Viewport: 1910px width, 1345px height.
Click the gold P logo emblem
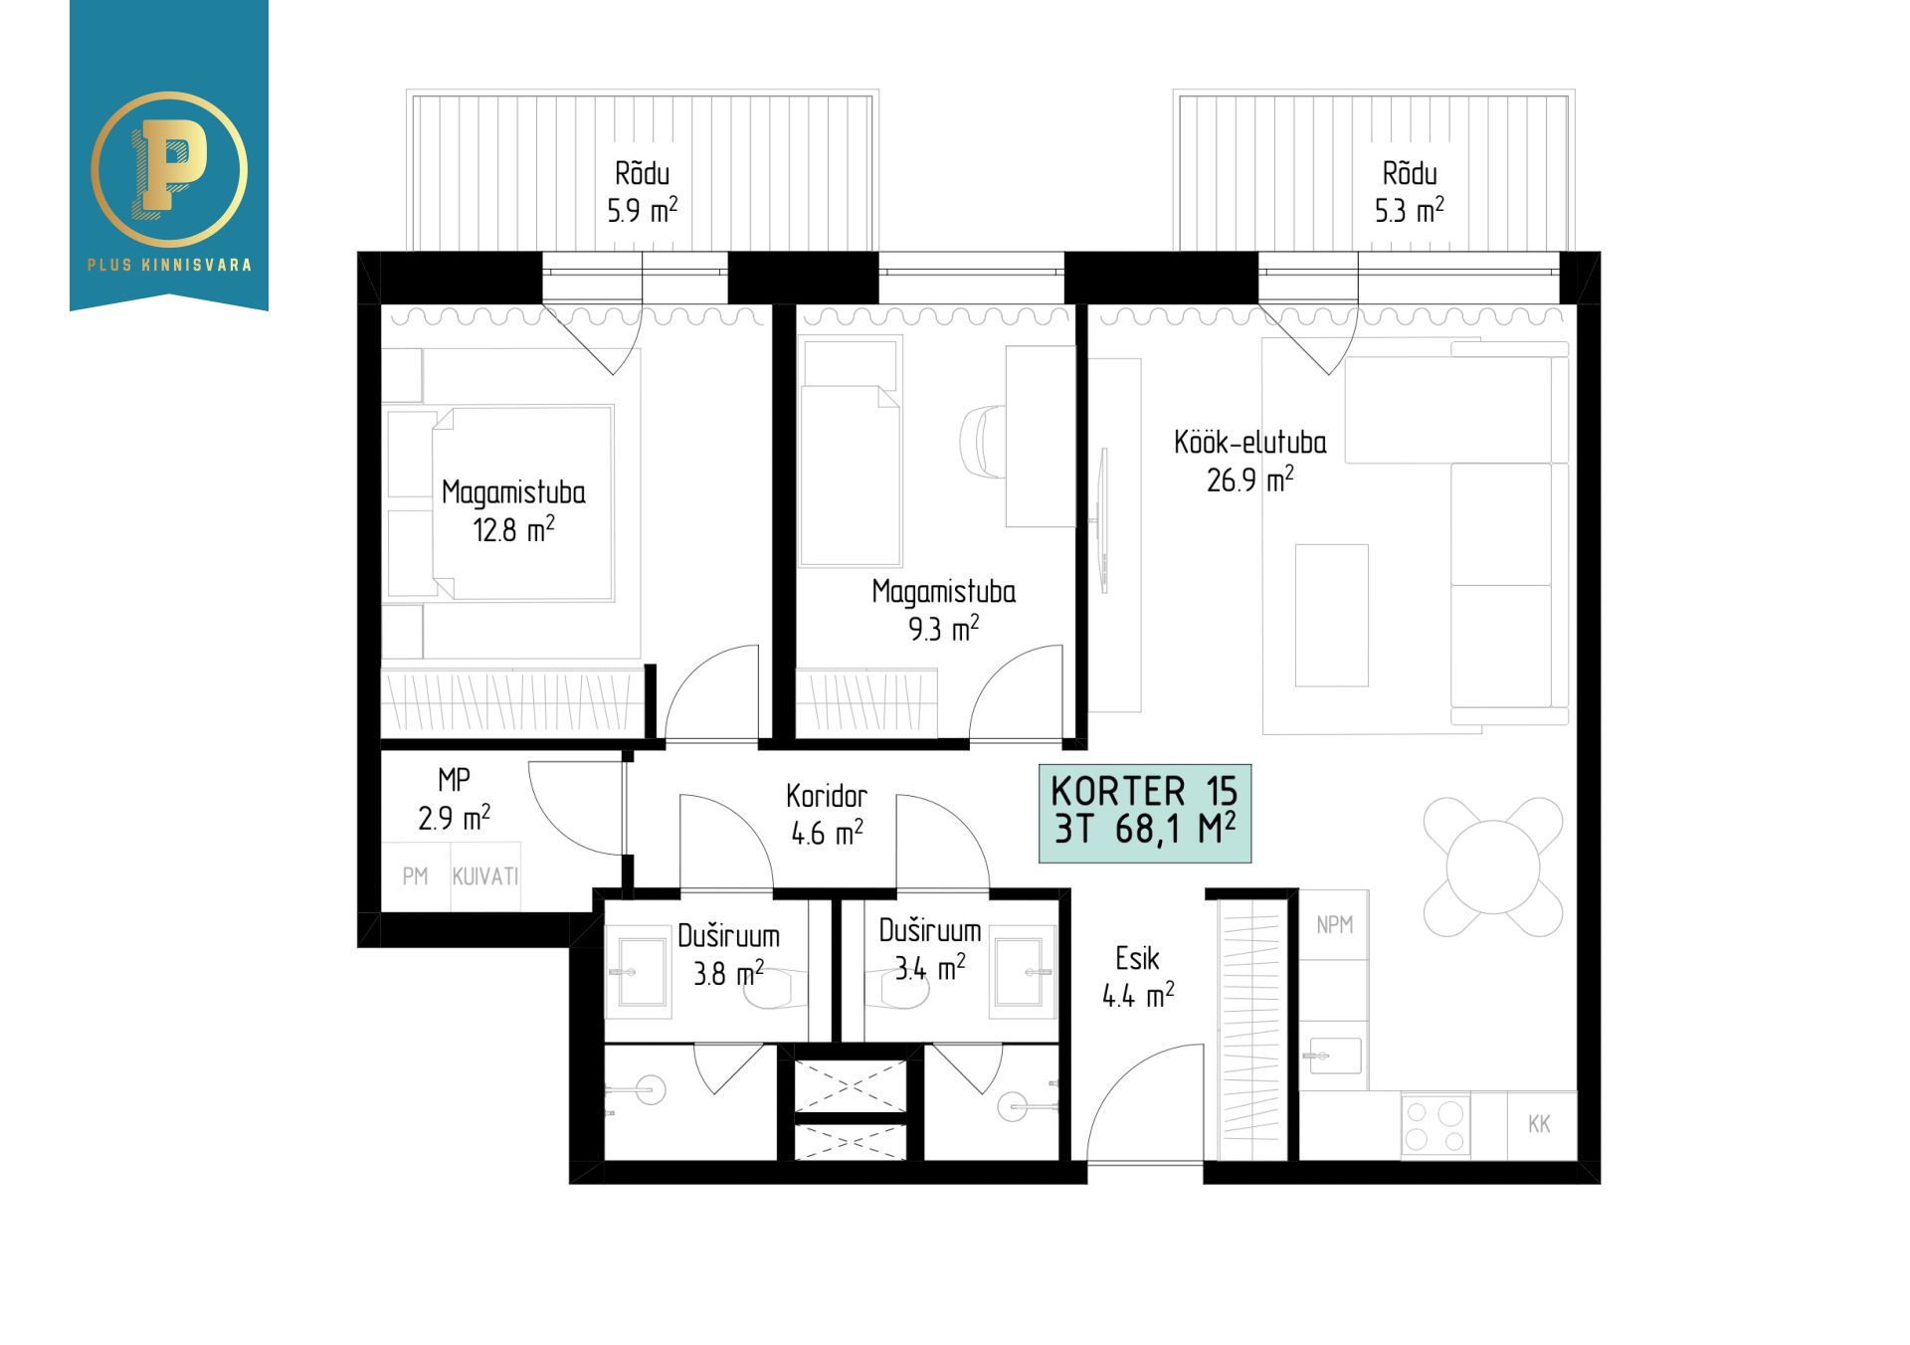click(169, 169)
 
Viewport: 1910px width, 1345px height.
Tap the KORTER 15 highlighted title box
click(1145, 813)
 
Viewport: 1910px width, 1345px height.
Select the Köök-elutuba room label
click(1249, 443)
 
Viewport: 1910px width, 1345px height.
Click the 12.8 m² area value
click(513, 529)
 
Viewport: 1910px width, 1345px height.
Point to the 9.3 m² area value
click(944, 629)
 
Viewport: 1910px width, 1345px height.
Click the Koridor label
click(827, 796)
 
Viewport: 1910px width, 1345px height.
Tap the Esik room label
click(1137, 959)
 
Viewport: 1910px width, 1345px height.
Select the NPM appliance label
click(1334, 925)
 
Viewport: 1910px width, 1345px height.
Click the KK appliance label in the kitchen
click(1539, 1124)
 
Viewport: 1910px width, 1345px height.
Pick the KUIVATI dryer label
click(485, 876)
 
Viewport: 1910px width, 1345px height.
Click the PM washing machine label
click(416, 876)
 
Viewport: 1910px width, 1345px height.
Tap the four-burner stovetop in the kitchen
click(1435, 1125)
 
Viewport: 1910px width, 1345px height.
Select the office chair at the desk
click(985, 442)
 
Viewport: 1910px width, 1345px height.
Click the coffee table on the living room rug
click(1332, 615)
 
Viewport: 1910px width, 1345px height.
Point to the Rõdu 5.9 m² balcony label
click(643, 192)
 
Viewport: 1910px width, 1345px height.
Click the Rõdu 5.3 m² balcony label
click(1410, 192)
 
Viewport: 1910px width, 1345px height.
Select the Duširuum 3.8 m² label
click(729, 954)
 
